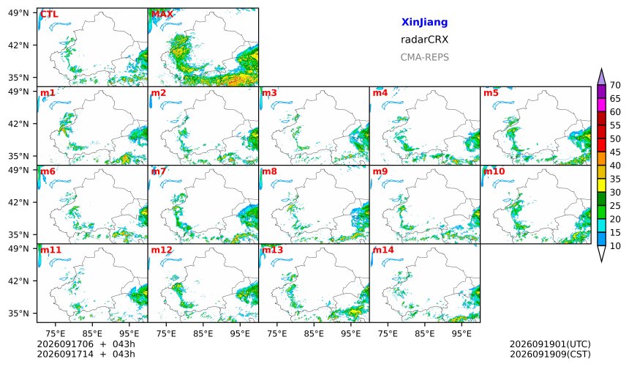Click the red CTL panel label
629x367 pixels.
pos(49,14)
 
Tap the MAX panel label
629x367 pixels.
pos(162,14)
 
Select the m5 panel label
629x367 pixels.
pos(491,93)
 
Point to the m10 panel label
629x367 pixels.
pos(494,171)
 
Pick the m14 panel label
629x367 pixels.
pos(383,250)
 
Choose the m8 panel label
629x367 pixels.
pos(269,171)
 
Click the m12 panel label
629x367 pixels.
pos(162,250)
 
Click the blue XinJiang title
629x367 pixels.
pos(424,22)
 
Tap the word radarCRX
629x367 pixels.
pos(424,40)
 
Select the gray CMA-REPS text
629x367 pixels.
pos(424,57)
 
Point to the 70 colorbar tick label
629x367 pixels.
pos(615,85)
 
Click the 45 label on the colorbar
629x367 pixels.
pos(615,152)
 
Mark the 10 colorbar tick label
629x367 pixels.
pos(615,246)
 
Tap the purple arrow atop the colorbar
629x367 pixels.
pos(601,77)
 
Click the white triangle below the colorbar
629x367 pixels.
pos(601,253)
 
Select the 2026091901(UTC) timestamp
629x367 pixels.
pos(550,344)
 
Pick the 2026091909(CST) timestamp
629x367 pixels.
pos(550,354)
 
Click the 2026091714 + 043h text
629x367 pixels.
pos(86,354)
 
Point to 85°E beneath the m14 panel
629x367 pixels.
pos(424,333)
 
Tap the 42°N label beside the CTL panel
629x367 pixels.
pos(18,45)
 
